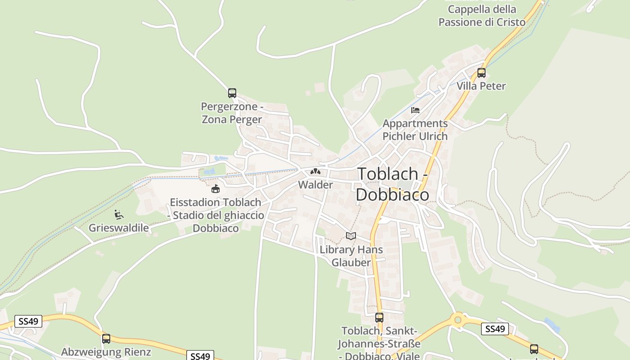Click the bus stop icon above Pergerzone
(232, 93)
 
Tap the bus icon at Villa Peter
(481, 72)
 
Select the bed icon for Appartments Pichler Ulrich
(415, 110)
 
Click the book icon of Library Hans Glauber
(351, 236)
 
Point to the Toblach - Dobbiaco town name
(392, 184)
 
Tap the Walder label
(315, 184)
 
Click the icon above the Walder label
(315, 171)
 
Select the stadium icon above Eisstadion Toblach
(216, 189)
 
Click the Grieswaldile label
(119, 228)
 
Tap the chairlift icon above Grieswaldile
(119, 215)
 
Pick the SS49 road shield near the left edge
(28, 321)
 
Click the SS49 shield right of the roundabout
(495, 329)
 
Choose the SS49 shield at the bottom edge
(200, 356)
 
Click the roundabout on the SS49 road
(458, 320)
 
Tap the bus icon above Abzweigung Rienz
(106, 338)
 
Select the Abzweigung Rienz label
(106, 352)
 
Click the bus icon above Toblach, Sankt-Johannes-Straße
(379, 317)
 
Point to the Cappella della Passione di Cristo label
(482, 16)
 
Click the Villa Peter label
(481, 86)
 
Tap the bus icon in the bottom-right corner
(534, 349)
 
